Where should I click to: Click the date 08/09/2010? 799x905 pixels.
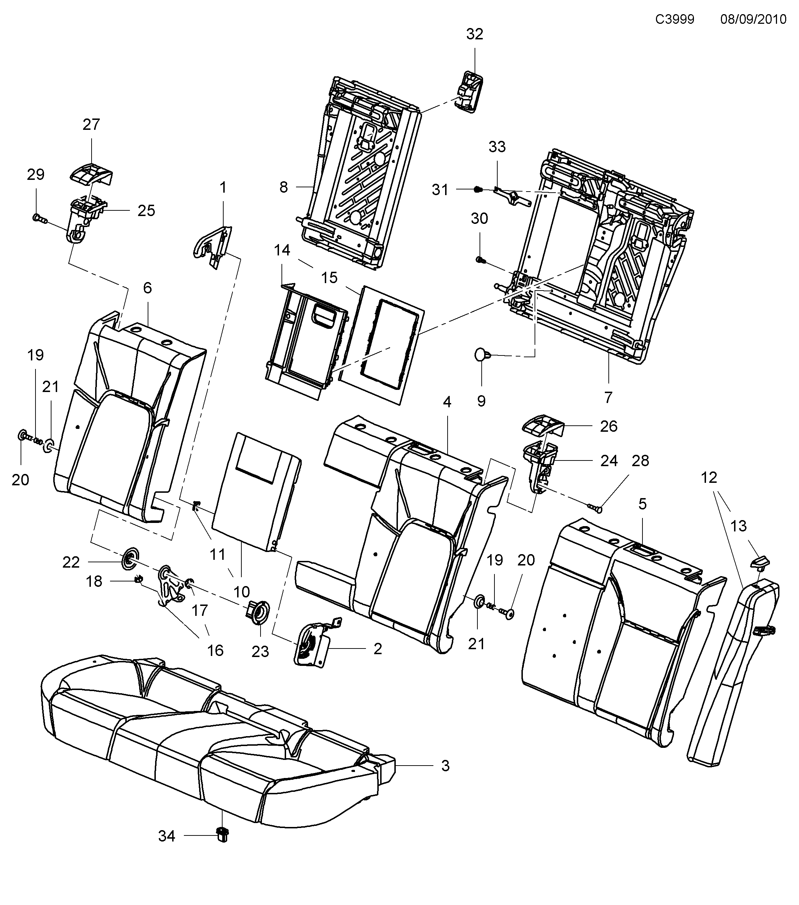(x=753, y=20)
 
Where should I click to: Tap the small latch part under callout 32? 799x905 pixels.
(x=469, y=91)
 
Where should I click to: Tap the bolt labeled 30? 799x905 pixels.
(x=479, y=259)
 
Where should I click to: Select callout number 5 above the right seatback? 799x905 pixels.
(x=642, y=504)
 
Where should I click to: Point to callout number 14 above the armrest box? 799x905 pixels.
(x=282, y=250)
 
